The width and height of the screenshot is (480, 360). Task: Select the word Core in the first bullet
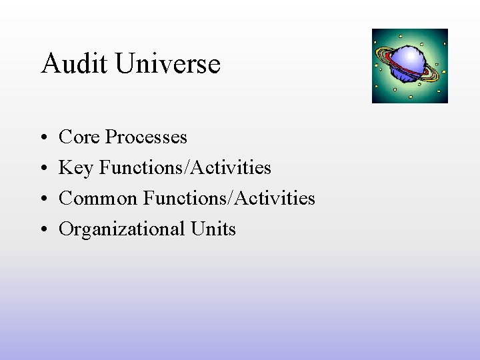click(79, 137)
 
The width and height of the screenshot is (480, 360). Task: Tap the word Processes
click(146, 137)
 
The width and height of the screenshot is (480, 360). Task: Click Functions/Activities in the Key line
click(185, 167)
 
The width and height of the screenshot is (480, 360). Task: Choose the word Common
click(98, 198)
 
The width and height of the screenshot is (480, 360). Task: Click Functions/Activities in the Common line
click(229, 198)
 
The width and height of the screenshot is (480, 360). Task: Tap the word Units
click(213, 229)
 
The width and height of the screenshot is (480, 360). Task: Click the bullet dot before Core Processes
click(43, 138)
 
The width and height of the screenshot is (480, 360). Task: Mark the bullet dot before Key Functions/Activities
click(43, 169)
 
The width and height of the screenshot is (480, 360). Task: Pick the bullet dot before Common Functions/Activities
click(43, 199)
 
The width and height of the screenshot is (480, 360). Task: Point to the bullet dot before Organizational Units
click(43, 230)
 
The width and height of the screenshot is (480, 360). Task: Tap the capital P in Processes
click(111, 137)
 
